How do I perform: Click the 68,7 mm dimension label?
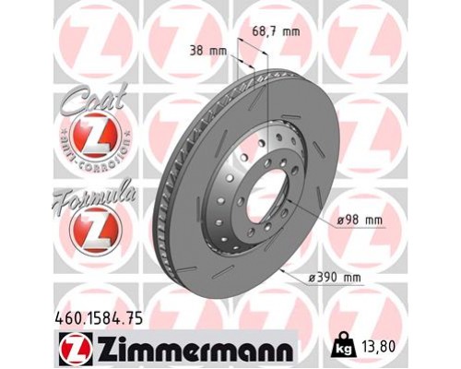coord(277,32)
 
